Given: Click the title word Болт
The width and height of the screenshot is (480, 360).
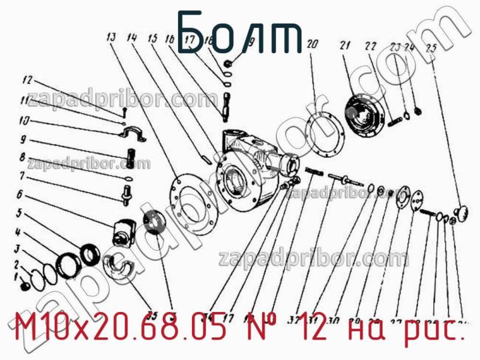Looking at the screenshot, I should tap(240, 33).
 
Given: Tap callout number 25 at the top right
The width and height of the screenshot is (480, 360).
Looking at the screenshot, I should tap(430, 49).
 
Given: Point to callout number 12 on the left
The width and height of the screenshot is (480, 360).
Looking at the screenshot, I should tap(26, 79).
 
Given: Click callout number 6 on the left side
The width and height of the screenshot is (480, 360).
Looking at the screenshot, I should tap(20, 194).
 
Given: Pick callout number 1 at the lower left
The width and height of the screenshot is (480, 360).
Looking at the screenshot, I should tap(17, 277).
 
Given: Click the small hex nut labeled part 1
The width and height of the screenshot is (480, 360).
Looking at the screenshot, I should tap(25, 287).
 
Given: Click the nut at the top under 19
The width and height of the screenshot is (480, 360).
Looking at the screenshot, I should tap(228, 62).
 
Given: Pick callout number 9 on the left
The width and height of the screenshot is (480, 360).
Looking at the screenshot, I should tap(22, 139).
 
